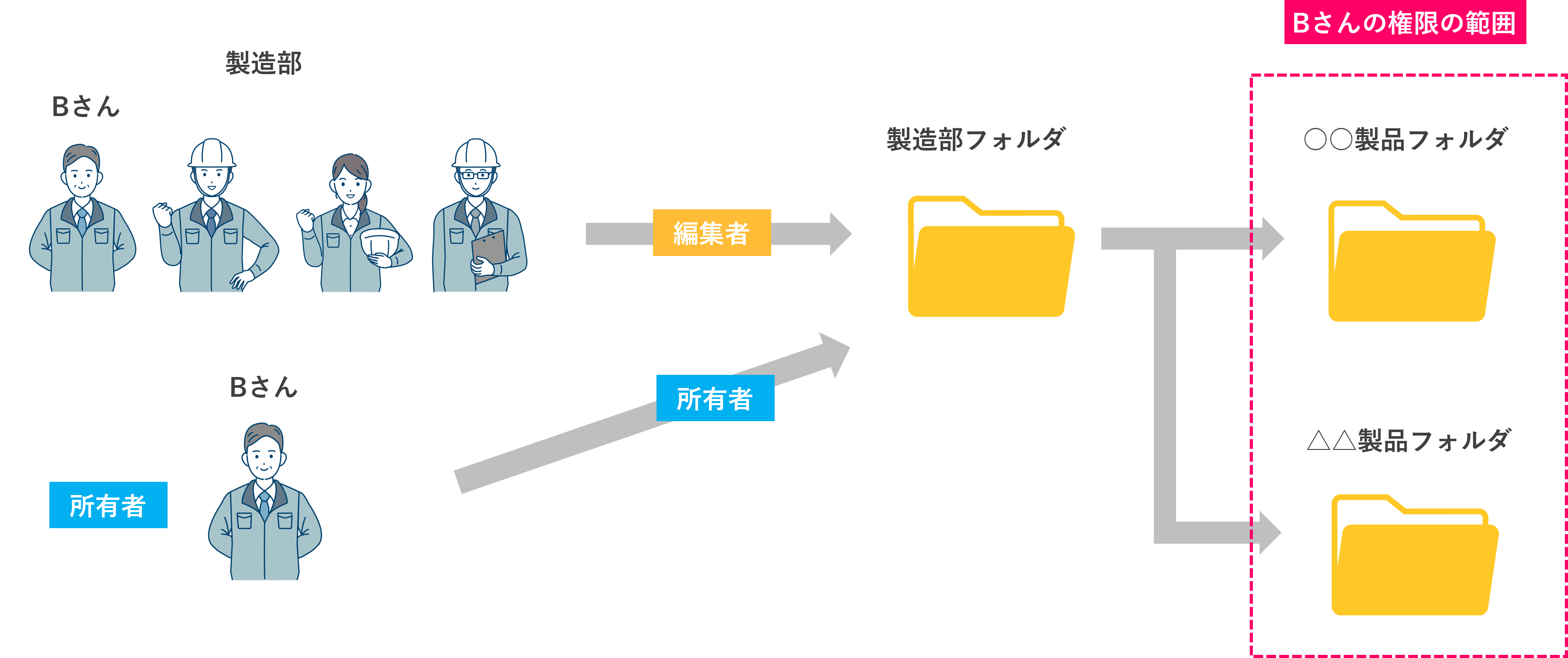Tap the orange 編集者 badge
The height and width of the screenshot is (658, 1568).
711,233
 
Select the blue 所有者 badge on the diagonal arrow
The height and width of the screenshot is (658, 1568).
715,398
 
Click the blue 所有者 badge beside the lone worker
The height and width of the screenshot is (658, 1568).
108,505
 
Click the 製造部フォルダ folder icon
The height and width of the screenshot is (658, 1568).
990,256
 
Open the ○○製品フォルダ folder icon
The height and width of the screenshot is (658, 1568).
1411,261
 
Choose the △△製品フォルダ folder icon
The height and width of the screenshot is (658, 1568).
1414,554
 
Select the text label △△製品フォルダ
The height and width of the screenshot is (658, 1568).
1408,440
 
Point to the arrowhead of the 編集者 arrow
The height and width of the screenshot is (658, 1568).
840,233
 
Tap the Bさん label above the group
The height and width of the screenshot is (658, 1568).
86,107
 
